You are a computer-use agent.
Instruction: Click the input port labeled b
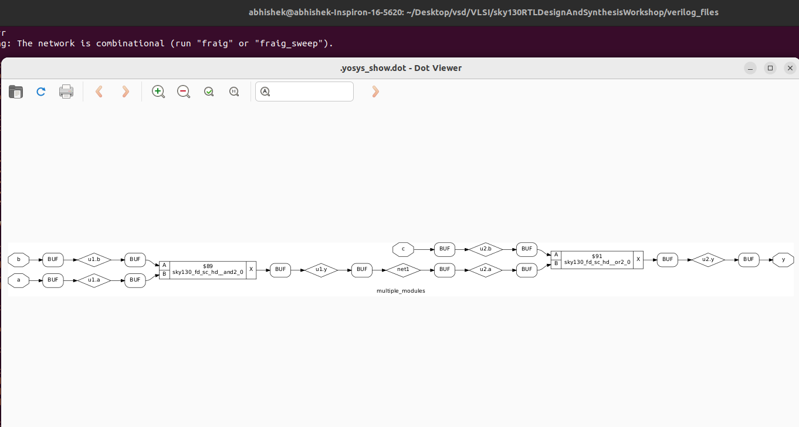[19, 259]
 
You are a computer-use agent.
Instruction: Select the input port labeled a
[19, 280]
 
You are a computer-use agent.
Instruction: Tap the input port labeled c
[402, 249]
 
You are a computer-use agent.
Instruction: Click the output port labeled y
[783, 259]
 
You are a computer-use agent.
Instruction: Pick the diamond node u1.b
[94, 259]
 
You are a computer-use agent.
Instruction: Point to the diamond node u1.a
[94, 280]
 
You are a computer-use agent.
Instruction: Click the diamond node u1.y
[321, 270]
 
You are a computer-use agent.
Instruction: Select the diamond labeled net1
[402, 270]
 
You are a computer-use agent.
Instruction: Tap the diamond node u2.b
[486, 249]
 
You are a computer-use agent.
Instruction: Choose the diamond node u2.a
[486, 270]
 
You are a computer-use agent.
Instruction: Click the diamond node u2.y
[707, 259]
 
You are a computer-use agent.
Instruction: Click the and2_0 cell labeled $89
[208, 270]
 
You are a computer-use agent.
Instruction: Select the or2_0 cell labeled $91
[597, 259]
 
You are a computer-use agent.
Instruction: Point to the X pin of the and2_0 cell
[251, 270]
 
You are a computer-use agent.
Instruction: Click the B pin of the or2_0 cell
[556, 264]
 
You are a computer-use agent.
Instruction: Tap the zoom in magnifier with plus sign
[158, 91]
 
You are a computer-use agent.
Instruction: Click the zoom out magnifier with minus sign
[184, 91]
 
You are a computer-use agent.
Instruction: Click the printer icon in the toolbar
[66, 91]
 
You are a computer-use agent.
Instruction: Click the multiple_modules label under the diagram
[401, 291]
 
